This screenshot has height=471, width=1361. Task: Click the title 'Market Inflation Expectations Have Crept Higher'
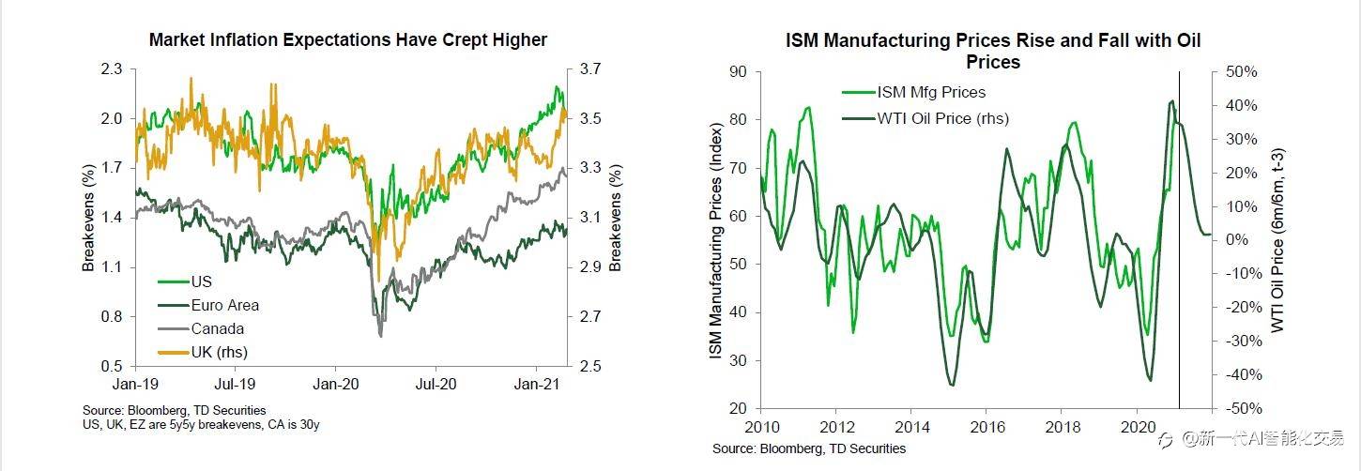(x=347, y=39)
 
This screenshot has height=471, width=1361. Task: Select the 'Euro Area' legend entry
(x=224, y=305)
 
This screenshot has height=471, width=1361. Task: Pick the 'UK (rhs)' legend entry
(x=219, y=353)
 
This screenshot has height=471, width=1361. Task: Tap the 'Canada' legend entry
(x=217, y=329)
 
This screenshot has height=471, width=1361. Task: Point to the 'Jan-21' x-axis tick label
(x=536, y=384)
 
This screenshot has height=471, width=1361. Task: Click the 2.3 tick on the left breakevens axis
(x=111, y=69)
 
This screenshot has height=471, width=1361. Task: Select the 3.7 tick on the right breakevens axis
(x=592, y=69)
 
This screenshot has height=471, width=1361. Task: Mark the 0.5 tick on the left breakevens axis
(x=111, y=366)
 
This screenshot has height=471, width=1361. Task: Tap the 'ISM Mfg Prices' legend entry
(x=930, y=92)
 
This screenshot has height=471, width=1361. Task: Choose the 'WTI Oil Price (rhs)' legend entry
(x=942, y=118)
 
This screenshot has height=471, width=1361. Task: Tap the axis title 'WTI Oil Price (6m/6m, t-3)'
(x=1277, y=240)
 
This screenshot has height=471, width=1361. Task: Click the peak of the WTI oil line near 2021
(x=1171, y=101)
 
